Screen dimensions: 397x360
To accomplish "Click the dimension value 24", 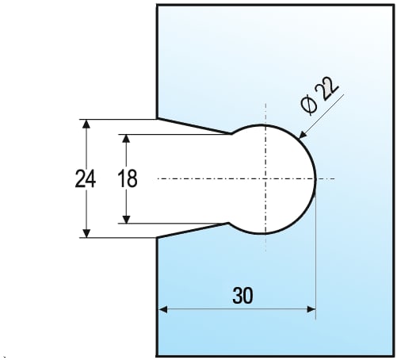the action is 86,179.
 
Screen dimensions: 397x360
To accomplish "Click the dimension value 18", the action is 128,178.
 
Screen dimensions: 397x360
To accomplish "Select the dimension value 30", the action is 242,296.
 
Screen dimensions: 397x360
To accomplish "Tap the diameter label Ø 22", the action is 319,96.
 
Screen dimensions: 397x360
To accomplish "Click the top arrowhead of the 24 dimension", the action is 86,124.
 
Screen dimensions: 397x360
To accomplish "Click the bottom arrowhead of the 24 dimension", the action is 86,233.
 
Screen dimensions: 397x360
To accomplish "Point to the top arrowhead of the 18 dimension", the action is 127,139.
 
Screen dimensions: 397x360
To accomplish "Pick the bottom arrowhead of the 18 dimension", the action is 127,219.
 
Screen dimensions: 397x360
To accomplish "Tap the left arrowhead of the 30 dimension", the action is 162,309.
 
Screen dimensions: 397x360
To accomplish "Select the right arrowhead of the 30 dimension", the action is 311,309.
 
